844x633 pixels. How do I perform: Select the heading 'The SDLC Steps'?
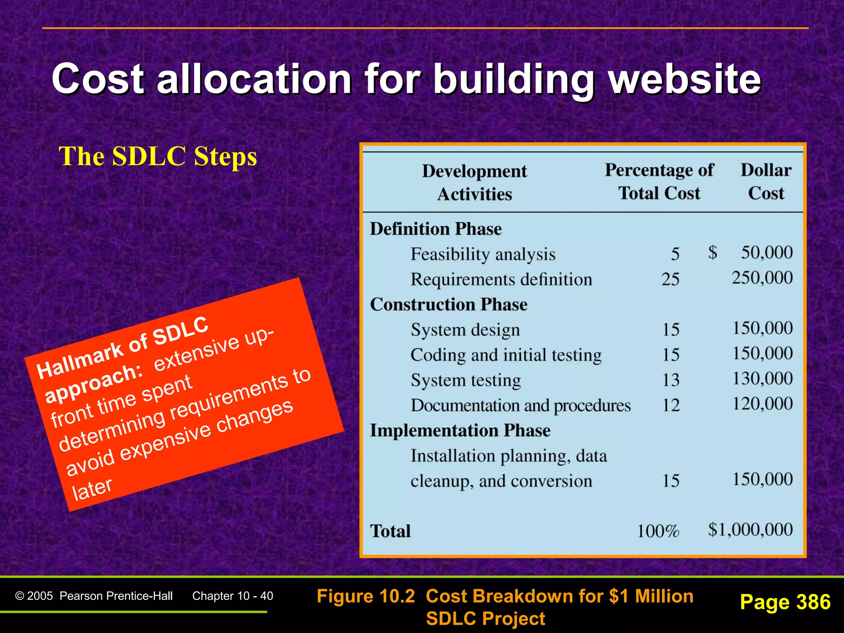158,157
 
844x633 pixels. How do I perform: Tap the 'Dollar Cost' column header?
766,182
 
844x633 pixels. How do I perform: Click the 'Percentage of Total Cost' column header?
659,182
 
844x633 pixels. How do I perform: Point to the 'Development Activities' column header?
474,183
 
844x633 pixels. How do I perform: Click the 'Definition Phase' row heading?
436,229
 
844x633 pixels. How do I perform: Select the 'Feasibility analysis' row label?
483,254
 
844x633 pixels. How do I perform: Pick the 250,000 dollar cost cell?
762,278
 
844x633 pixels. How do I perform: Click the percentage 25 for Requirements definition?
671,279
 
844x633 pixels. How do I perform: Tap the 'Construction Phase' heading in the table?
448,305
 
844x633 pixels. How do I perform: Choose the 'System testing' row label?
466,380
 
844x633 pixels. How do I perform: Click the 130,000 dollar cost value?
762,379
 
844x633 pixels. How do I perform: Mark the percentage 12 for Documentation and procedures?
671,405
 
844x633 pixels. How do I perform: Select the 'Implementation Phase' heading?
460,431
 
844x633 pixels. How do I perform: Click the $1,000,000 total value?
750,530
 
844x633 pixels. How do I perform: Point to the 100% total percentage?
658,531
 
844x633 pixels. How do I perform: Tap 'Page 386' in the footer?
785,602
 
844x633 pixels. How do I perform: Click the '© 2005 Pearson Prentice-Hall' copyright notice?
94,596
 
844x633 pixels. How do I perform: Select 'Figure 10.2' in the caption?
366,596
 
